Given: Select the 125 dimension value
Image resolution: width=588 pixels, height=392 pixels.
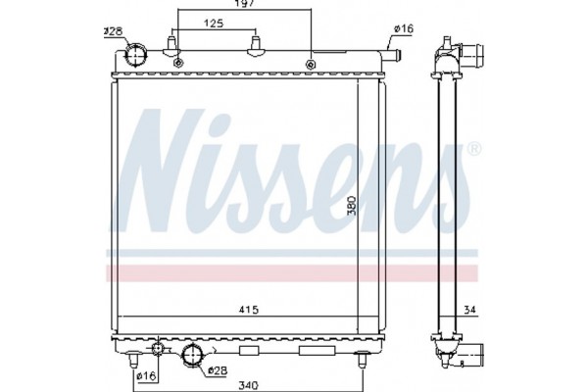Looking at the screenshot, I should (212, 22).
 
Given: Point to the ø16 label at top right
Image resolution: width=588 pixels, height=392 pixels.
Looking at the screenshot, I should (404, 29).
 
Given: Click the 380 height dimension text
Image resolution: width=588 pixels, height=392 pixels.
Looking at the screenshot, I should (352, 206).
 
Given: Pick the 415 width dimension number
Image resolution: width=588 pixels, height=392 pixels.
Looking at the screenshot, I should (248, 311).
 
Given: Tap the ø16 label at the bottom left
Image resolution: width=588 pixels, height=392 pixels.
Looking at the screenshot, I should (145, 375).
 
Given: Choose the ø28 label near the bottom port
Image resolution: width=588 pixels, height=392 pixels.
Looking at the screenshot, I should (217, 370).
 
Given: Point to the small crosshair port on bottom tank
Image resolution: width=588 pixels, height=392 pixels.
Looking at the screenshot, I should (159, 350).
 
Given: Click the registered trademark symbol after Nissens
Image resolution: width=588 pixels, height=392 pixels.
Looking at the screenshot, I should (473, 150).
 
